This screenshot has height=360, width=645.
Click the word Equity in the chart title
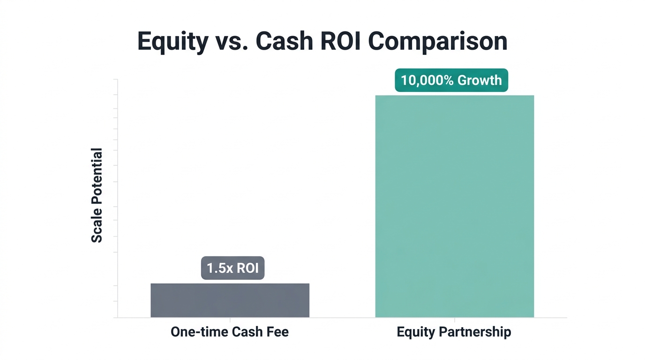[x=172, y=41]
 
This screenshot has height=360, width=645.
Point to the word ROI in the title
[x=341, y=41]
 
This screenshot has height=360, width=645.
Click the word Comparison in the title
[x=438, y=41]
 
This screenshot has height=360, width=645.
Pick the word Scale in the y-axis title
[x=97, y=228]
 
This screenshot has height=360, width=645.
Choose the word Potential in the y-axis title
[x=97, y=180]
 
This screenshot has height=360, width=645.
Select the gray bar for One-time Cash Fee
[x=230, y=300]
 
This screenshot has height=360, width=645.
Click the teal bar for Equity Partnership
[x=454, y=206]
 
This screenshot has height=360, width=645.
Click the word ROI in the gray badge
[x=247, y=268]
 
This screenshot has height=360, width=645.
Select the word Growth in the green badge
[x=480, y=80]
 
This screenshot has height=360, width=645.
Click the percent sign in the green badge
[x=449, y=80]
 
